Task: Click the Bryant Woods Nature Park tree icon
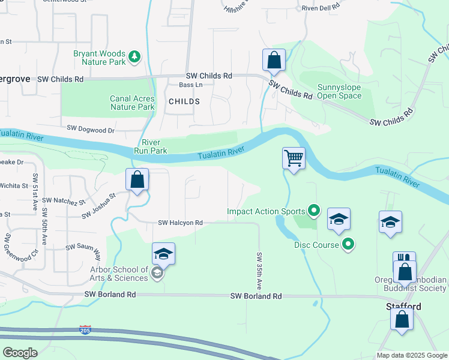click(x=135, y=57)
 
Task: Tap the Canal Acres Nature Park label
click(x=132, y=103)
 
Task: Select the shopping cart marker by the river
click(x=294, y=159)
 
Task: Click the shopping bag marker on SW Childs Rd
click(x=274, y=60)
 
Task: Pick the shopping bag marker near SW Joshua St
click(x=137, y=179)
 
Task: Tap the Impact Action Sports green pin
click(x=313, y=211)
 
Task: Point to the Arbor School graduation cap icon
click(x=157, y=274)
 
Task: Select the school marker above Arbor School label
click(x=163, y=254)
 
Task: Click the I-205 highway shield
click(x=85, y=330)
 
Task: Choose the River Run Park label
click(x=154, y=146)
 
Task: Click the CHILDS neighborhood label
click(x=184, y=101)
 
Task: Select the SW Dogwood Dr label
click(x=90, y=129)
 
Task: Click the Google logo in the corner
click(x=20, y=353)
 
